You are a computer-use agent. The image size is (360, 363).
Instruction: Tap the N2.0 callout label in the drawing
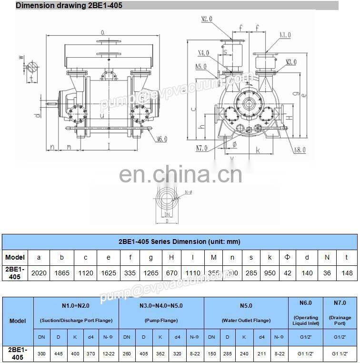coord(207,20)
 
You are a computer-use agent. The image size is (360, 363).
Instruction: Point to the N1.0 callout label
coord(285,35)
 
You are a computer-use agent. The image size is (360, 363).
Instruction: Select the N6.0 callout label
coord(161,139)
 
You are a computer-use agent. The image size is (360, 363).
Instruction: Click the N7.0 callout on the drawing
coord(202,148)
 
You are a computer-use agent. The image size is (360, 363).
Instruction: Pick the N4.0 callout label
coord(204,52)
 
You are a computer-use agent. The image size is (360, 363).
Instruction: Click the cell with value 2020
coord(39,273)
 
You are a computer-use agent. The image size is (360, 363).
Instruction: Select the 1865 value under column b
coord(62,273)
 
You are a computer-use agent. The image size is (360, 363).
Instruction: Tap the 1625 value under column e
coord(109,273)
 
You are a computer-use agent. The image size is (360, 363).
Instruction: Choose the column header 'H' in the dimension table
coord(171,258)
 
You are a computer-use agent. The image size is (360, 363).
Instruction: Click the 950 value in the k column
coord(270,273)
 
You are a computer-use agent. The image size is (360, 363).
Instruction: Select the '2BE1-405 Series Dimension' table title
coord(179,242)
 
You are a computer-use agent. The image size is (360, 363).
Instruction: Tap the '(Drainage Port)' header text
coord(340,321)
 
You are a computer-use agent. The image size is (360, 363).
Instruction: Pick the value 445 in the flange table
coord(58,354)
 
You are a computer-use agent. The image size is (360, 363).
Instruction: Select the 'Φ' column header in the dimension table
coord(287,258)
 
